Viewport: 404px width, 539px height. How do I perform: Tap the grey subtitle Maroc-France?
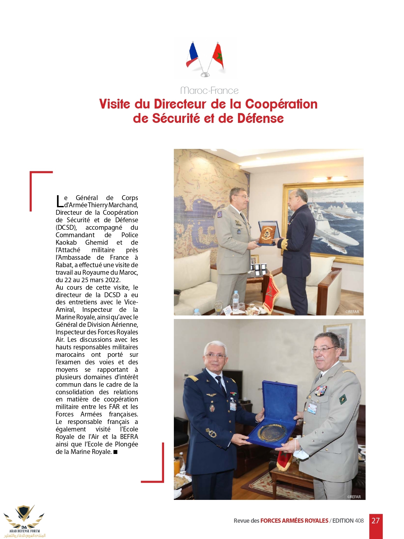[x=209, y=91]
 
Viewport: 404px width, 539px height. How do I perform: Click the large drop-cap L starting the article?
[x=59, y=201]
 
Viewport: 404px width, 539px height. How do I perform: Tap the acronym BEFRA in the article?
[x=129, y=437]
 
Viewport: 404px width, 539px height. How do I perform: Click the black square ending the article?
[x=115, y=452]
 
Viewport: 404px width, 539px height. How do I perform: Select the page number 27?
[x=376, y=521]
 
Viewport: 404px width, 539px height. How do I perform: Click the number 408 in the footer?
[x=359, y=521]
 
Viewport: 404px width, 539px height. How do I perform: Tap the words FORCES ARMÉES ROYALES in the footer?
[x=294, y=521]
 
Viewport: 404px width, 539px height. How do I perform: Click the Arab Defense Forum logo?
[x=24, y=521]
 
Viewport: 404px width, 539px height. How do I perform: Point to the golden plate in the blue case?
[x=272, y=432]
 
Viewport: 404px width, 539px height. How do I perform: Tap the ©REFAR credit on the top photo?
[x=352, y=312]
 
